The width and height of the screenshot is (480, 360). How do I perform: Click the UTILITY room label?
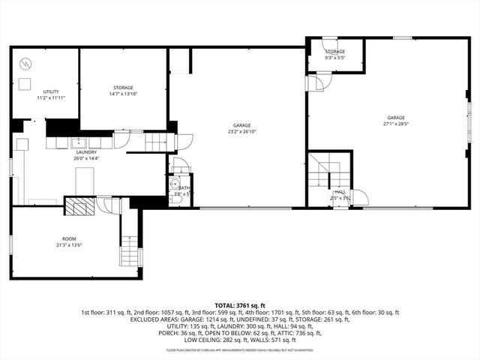point(51,94)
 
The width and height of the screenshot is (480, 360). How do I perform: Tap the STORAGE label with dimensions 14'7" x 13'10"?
point(123,91)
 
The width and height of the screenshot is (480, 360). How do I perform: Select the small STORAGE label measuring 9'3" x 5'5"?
point(334,55)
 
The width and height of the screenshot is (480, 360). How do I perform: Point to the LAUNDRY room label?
point(85,154)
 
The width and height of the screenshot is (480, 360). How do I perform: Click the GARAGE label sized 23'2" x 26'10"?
point(241,128)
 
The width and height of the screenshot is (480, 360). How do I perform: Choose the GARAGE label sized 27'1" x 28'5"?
point(395,121)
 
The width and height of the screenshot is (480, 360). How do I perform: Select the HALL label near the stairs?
point(340,195)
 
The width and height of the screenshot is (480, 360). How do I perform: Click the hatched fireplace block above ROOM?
point(79,206)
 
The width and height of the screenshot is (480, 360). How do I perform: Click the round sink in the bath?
point(174,184)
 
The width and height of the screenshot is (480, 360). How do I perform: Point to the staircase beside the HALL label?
point(321,174)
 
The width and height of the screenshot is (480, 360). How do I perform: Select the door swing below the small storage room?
point(316,82)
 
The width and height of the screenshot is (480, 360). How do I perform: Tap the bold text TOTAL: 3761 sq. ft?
point(240,305)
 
